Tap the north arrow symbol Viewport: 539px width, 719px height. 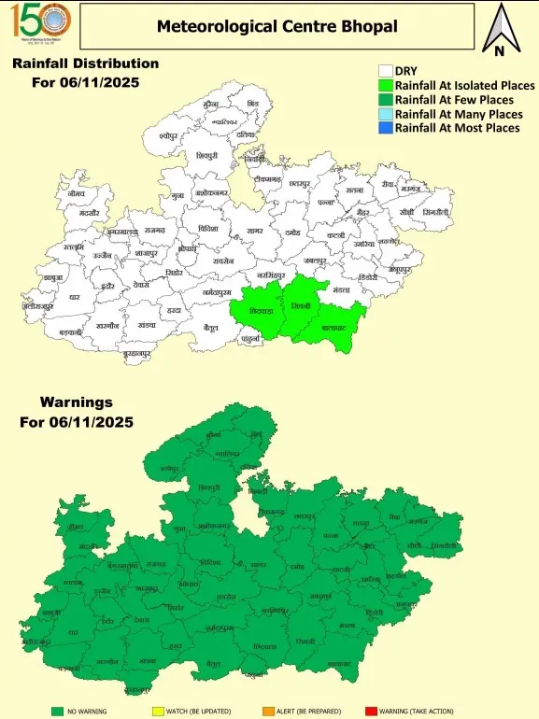(x=500, y=30)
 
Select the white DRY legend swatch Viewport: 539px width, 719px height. (x=384, y=71)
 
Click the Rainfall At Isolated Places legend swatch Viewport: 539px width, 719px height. (x=384, y=85)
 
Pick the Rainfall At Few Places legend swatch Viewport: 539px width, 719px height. (x=384, y=99)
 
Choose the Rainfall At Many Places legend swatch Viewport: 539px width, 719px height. (x=384, y=113)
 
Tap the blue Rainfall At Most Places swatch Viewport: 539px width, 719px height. (x=384, y=127)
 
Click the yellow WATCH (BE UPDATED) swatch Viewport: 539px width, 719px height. (x=158, y=712)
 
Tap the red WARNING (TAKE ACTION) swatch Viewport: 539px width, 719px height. (x=370, y=712)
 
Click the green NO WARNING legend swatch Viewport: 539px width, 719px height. (x=57, y=712)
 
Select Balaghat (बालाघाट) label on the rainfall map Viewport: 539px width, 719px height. (x=333, y=330)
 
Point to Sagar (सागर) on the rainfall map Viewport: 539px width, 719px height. (x=254, y=230)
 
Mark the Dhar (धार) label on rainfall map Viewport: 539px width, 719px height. (x=75, y=297)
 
